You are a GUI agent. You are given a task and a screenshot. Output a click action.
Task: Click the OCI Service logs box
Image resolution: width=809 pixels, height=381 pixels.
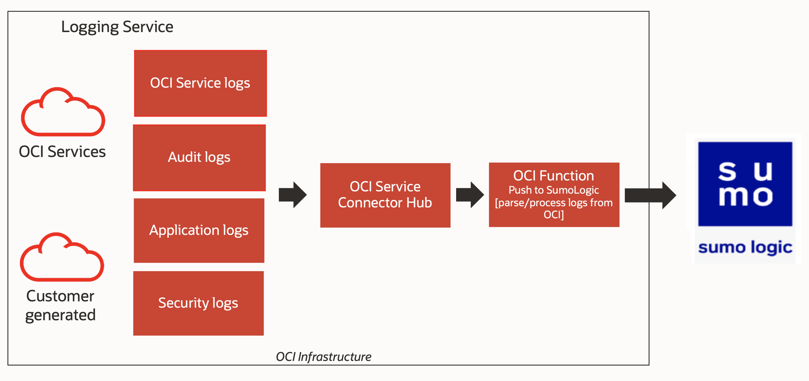click(200, 83)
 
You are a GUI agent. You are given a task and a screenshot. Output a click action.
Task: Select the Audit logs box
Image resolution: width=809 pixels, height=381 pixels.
click(199, 158)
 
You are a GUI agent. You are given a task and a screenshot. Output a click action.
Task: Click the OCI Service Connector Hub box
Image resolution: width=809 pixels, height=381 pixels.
click(385, 195)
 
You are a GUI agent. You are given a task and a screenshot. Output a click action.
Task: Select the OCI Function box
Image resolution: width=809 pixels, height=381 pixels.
click(554, 195)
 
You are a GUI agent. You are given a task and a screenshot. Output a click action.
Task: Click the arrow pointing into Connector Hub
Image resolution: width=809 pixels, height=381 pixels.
click(292, 195)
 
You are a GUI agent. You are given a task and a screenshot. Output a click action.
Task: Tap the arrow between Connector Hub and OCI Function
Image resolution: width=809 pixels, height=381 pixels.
click(470, 195)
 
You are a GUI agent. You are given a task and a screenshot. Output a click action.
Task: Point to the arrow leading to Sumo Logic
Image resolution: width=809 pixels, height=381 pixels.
click(650, 195)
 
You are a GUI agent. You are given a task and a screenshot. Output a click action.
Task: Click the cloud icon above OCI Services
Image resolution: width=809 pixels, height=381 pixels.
click(63, 113)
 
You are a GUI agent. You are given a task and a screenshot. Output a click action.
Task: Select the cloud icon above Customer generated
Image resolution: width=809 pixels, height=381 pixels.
click(62, 258)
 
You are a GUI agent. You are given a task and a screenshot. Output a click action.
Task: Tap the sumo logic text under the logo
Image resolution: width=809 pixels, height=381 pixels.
click(745, 248)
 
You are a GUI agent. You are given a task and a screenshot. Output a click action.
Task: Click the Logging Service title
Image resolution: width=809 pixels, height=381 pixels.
click(117, 27)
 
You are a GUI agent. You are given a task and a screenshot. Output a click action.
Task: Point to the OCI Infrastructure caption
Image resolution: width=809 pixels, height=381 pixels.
click(324, 357)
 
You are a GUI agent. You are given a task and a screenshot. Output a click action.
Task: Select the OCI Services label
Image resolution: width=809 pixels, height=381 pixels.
click(62, 152)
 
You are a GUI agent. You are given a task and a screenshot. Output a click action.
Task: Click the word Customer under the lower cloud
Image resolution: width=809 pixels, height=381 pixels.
click(60, 296)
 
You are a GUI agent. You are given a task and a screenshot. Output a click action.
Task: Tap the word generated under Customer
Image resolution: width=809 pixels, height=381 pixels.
click(60, 315)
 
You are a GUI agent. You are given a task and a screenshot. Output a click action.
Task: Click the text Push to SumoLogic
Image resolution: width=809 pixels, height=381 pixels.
click(553, 190)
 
